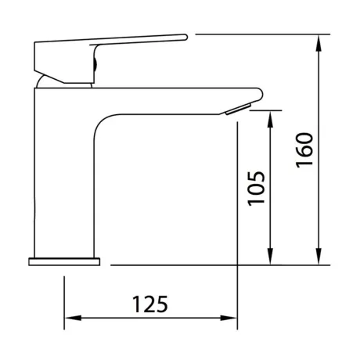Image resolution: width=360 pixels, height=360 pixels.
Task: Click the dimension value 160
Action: [x=304, y=150]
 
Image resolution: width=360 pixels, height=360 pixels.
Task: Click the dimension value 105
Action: [x=257, y=189]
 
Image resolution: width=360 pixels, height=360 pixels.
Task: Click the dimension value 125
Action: [x=150, y=304]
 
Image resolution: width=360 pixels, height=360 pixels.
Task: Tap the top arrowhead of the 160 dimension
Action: [x=319, y=44]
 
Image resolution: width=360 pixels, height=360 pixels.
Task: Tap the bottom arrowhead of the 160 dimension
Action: [x=319, y=256]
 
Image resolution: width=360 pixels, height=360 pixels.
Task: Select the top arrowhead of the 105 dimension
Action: [x=271, y=120]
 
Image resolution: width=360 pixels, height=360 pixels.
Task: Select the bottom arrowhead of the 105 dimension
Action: [x=271, y=256]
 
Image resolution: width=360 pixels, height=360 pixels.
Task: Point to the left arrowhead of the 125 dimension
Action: [x=74, y=318]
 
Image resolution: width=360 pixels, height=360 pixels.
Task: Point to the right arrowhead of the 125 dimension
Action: [x=229, y=318]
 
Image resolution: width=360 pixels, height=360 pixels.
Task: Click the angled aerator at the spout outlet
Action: [x=239, y=109]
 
